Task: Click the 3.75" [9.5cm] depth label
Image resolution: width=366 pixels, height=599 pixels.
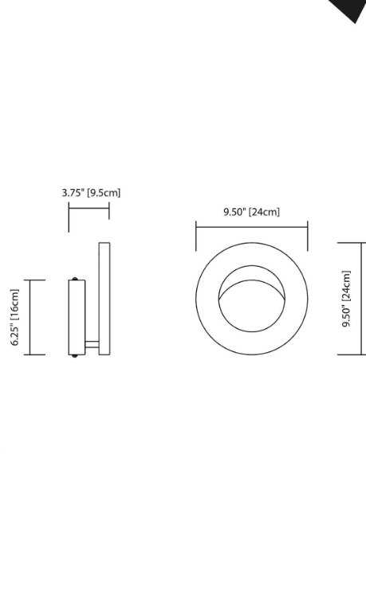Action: [91, 192]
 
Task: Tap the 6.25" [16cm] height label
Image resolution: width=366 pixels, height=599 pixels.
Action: [14, 317]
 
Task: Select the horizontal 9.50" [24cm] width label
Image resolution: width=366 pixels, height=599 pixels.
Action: [251, 212]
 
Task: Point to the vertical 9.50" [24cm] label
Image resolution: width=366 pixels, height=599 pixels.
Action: [347, 299]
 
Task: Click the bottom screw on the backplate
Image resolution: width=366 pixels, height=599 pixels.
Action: [75, 356]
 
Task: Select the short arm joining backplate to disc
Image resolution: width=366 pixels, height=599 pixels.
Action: [92, 345]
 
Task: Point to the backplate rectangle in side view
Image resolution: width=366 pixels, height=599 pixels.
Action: [76, 317]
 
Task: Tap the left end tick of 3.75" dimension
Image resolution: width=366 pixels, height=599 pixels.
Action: [69, 216]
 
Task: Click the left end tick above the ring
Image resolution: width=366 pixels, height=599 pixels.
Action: [196, 236]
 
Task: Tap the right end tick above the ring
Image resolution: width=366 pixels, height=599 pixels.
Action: [308, 236]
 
